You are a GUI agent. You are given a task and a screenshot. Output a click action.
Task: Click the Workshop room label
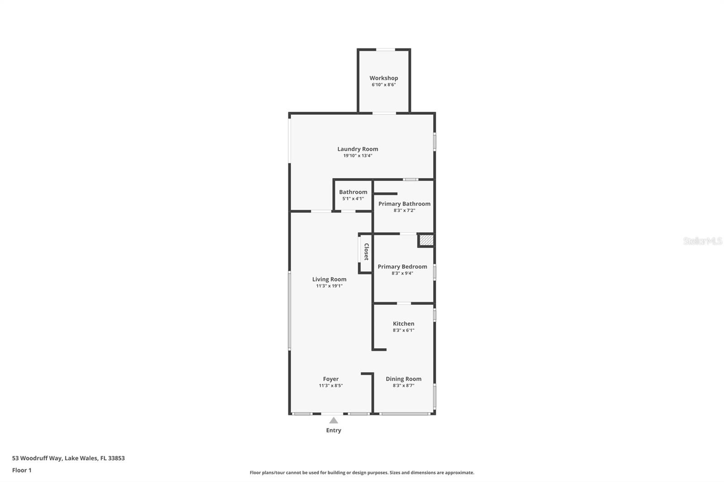pyautogui.click(x=384, y=78)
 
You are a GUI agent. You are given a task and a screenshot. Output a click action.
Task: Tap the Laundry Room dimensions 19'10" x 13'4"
pyautogui.click(x=357, y=156)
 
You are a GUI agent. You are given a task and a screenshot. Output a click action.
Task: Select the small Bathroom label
pyautogui.click(x=353, y=192)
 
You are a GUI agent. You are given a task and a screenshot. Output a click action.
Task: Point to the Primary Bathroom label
pyautogui.click(x=404, y=203)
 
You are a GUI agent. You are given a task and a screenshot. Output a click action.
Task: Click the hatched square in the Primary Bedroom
pyautogui.click(x=426, y=240)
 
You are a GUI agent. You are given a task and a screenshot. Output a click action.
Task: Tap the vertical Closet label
pyautogui.click(x=366, y=252)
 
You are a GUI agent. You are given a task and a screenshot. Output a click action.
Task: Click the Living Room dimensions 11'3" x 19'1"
pyautogui.click(x=329, y=286)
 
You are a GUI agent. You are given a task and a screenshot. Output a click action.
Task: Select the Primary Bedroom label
pyautogui.click(x=402, y=266)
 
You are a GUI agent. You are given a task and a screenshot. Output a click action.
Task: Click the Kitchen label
pyautogui.click(x=403, y=323)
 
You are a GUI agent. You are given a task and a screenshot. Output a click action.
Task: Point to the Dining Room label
pyautogui.click(x=403, y=379)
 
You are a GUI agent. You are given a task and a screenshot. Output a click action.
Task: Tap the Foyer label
pyautogui.click(x=330, y=379)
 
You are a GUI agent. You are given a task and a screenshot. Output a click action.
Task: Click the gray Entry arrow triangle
pyautogui.click(x=333, y=421)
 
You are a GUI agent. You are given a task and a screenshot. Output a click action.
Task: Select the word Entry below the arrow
pyautogui.click(x=333, y=430)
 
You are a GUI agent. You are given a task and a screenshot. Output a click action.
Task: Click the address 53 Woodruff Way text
pyautogui.click(x=68, y=458)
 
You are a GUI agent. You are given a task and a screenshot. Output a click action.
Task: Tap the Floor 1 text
pyautogui.click(x=22, y=470)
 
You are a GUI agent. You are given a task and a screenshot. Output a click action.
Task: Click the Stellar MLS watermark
pyautogui.click(x=702, y=241)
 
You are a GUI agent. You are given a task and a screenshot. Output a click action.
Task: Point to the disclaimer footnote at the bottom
pyautogui.click(x=362, y=473)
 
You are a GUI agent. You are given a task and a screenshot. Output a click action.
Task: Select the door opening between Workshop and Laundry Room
pyautogui.click(x=384, y=113)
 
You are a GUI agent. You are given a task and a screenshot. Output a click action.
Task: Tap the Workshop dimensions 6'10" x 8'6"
pyautogui.click(x=384, y=85)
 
